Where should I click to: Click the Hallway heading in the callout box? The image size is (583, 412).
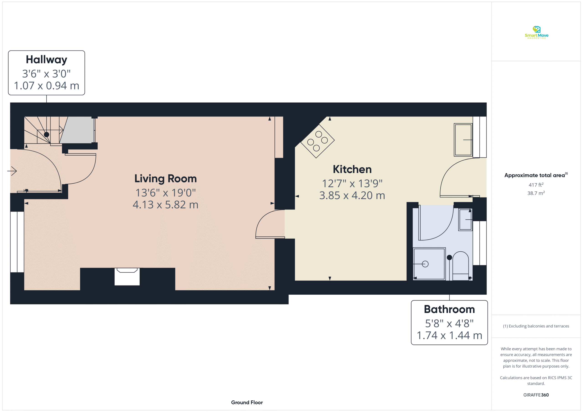click(46, 60)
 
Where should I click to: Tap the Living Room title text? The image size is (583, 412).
click(166, 179)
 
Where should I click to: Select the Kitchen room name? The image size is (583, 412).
click(352, 169)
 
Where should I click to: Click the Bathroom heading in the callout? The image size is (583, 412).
click(449, 309)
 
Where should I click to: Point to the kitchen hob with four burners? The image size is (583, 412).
click(317, 141)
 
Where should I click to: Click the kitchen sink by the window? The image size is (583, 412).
click(463, 140)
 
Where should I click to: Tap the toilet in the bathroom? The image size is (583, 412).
click(460, 266)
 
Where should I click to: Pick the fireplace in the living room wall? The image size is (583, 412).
click(127, 277)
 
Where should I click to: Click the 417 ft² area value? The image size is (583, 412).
click(536, 185)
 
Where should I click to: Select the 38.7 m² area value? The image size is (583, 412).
click(536, 193)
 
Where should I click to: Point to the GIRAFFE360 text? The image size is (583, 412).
click(536, 395)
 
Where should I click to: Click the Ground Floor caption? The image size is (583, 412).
click(247, 402)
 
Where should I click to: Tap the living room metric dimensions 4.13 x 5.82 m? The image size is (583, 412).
click(166, 205)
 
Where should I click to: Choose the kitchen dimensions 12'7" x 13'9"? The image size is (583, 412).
click(352, 183)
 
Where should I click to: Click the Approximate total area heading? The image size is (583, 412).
click(536, 175)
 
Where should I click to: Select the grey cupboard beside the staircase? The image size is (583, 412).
click(77, 130)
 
